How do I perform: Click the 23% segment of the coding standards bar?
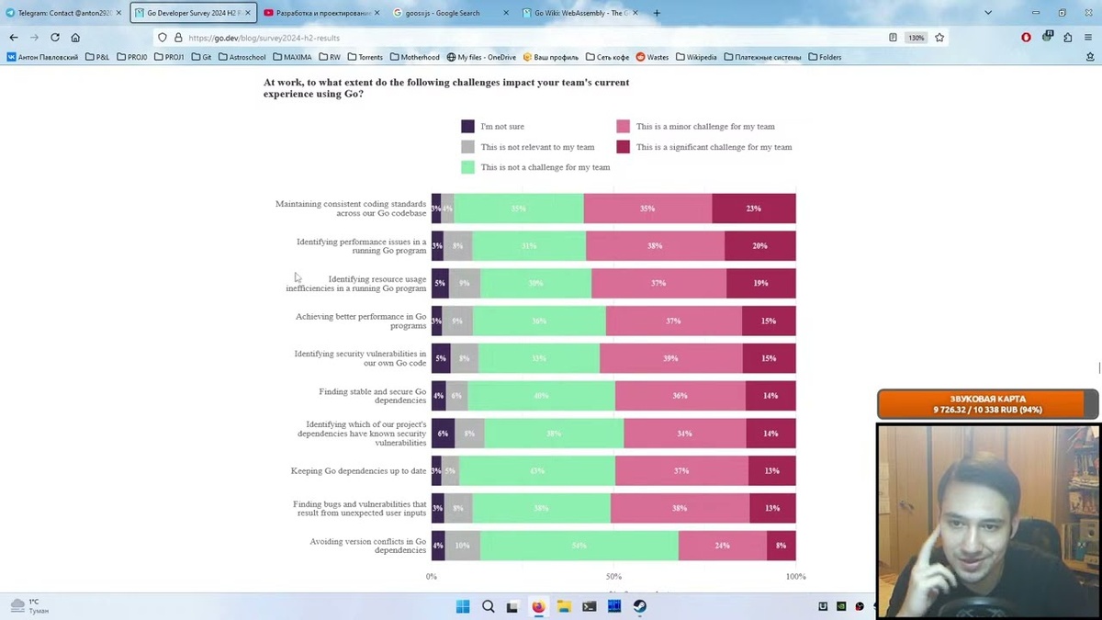[x=753, y=209]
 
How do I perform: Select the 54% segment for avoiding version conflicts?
[x=579, y=546]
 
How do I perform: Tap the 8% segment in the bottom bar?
[x=781, y=546]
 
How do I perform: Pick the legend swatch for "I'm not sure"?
[x=467, y=127]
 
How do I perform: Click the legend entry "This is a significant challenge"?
[x=714, y=147]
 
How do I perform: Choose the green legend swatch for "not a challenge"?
[x=467, y=167]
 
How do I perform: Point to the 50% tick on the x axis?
[x=613, y=577]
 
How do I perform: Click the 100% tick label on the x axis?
[x=795, y=577]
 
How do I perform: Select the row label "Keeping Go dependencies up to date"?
[x=358, y=471]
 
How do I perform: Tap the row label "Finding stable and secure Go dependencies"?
[x=372, y=396]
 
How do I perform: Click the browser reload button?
[x=55, y=38]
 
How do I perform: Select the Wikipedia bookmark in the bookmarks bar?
[x=696, y=57]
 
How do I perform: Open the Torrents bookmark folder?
[x=365, y=57]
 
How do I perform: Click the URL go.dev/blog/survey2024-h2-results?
[x=264, y=38]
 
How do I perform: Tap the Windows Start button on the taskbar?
[x=463, y=606]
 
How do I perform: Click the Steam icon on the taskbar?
[x=639, y=606]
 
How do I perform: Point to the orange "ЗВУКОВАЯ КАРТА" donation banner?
[x=987, y=404]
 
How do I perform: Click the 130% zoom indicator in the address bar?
[x=916, y=38]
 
